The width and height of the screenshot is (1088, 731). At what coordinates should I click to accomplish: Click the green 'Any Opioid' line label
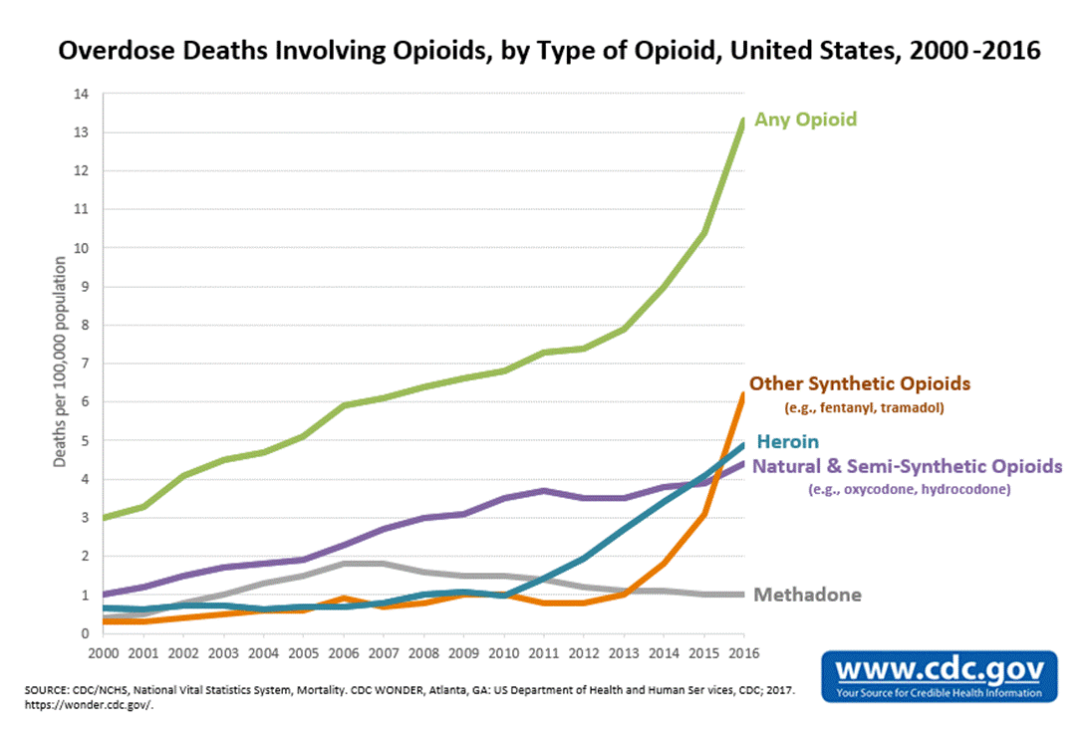pyautogui.click(x=806, y=120)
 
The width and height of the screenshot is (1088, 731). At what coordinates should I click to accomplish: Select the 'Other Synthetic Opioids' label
pyautogui.click(x=860, y=383)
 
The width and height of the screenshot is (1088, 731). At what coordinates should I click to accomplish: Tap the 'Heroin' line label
pyautogui.click(x=788, y=442)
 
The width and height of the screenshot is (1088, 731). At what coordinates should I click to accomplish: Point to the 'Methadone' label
pyautogui.click(x=807, y=596)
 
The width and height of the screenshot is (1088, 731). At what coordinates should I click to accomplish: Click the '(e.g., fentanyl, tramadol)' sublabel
pyautogui.click(x=859, y=407)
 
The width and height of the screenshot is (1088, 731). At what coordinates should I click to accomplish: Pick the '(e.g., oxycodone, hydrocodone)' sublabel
pyautogui.click(x=910, y=489)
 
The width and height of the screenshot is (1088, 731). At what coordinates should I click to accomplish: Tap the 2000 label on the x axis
pyautogui.click(x=104, y=653)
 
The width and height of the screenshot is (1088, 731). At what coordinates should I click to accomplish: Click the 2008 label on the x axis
pyautogui.click(x=423, y=653)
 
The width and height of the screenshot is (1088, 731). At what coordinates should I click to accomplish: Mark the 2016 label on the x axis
pyautogui.click(x=743, y=653)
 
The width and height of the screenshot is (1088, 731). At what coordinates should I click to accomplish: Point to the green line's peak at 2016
pyautogui.click(x=743, y=121)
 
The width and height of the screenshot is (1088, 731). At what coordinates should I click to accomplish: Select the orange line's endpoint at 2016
pyautogui.click(x=743, y=394)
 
